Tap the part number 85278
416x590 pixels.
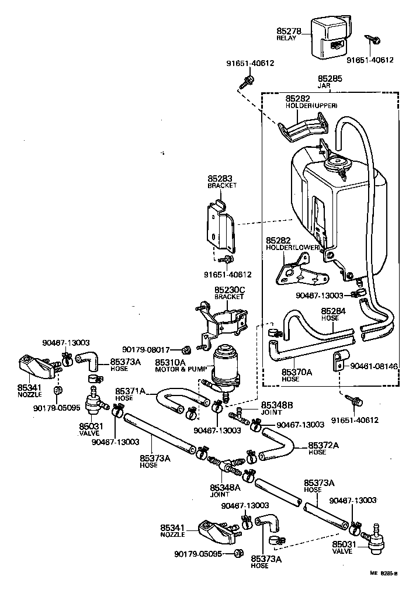click(x=289, y=31)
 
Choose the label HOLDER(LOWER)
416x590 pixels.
click(x=293, y=247)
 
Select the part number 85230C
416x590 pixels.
click(x=229, y=289)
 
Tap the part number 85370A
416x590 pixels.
click(x=281, y=372)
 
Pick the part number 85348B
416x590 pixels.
click(x=278, y=405)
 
